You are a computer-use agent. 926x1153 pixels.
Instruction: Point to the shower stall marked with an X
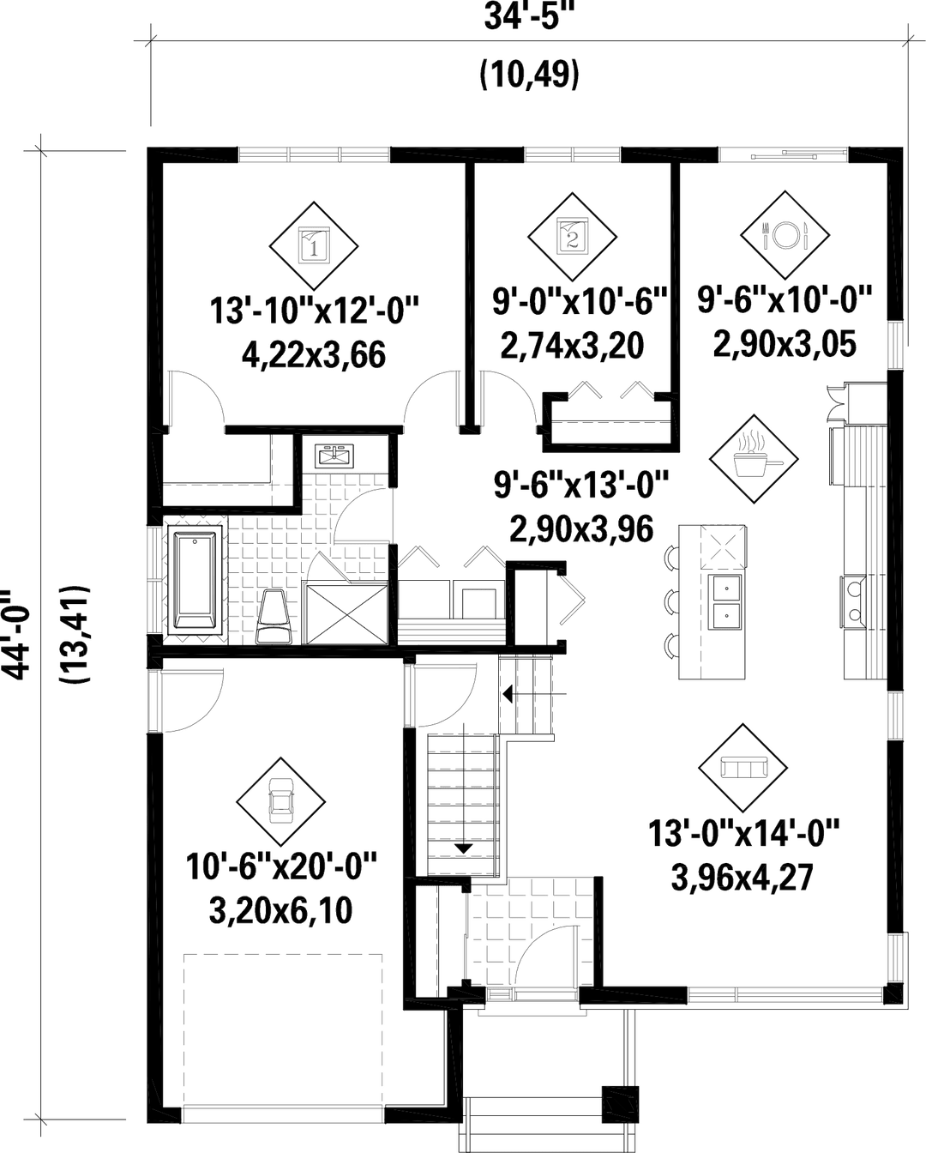tap(346, 613)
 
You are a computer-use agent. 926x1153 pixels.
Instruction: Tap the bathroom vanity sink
tap(333, 457)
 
